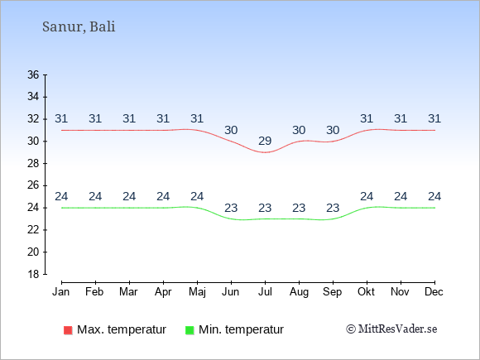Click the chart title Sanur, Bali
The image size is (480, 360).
pyautogui.click(x=79, y=26)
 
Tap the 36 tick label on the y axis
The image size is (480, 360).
pyautogui.click(x=33, y=74)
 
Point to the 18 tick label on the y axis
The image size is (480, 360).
pyautogui.click(x=33, y=274)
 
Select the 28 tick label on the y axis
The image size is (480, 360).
pyautogui.click(x=33, y=164)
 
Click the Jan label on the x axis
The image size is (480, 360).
pyautogui.click(x=61, y=292)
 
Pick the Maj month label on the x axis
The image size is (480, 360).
pyautogui.click(x=197, y=292)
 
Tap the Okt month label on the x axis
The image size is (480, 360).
pyautogui.click(x=366, y=292)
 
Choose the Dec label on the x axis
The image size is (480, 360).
pyautogui.click(x=434, y=292)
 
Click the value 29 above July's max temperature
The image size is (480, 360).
pyautogui.click(x=265, y=142)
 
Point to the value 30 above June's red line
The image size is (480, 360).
pyautogui.click(x=231, y=131)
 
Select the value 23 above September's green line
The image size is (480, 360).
pyautogui.click(x=333, y=209)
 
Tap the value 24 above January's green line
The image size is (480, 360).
pyautogui.click(x=61, y=196)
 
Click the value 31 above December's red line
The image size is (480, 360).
pyautogui.click(x=434, y=118)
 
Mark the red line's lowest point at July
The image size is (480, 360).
pyautogui.click(x=265, y=152)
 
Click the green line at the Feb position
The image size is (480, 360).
pyautogui.click(x=95, y=208)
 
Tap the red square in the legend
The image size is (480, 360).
pyautogui.click(x=68, y=330)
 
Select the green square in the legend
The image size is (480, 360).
pyautogui.click(x=190, y=330)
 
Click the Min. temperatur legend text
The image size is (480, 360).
pyautogui.click(x=241, y=330)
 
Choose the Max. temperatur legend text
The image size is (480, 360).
pyautogui.click(x=122, y=330)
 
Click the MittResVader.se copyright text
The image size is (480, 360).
pyautogui.click(x=391, y=329)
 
